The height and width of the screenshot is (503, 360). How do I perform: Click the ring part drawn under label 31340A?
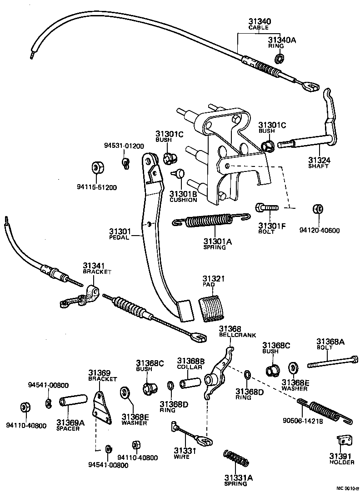tap(280, 59)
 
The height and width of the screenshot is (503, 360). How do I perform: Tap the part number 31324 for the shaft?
tap(319, 160)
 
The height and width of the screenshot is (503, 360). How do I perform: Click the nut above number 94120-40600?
tap(318, 209)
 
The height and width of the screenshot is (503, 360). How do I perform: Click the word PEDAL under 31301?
tap(120, 237)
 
